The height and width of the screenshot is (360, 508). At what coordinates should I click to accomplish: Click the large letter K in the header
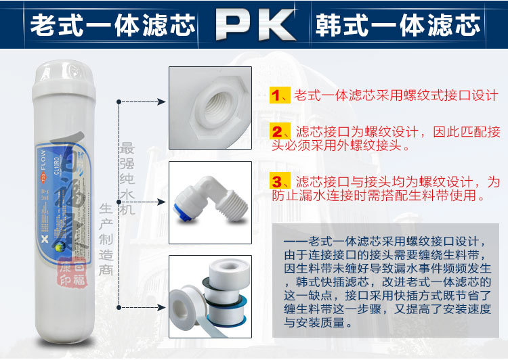pyautogui.click(x=274, y=25)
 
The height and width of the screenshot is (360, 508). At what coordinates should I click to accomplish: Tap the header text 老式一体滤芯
pyautogui.click(x=112, y=25)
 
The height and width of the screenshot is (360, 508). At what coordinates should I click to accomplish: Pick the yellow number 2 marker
pyautogui.click(x=277, y=131)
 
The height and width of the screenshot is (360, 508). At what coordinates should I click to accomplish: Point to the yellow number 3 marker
pyautogui.click(x=277, y=181)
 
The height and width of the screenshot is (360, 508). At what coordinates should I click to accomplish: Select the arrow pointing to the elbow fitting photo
pyautogui.click(x=159, y=201)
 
